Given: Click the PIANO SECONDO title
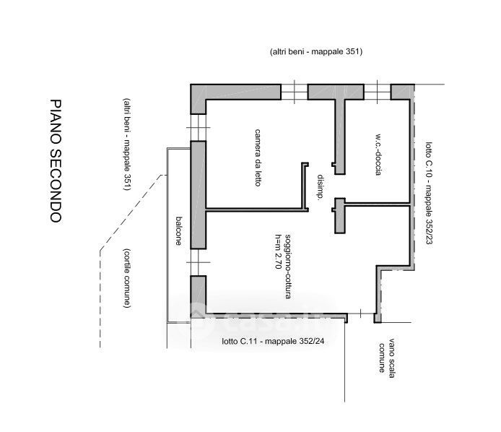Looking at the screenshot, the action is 57,160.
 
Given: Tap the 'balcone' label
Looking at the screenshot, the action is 178,231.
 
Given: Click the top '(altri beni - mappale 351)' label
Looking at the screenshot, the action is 315,52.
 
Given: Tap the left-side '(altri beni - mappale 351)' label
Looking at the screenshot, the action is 126,144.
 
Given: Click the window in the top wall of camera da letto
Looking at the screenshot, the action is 293,92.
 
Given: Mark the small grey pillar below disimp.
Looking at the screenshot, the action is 339,217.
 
